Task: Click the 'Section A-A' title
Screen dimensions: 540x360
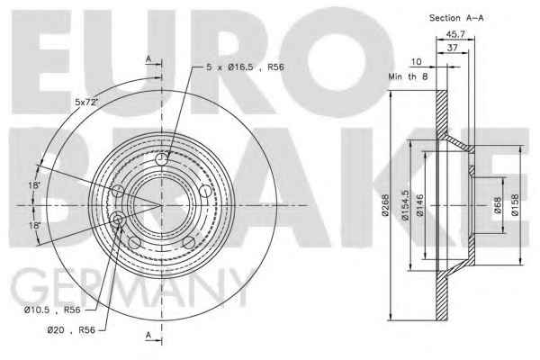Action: click(x=456, y=18)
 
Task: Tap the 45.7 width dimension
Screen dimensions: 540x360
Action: click(x=455, y=34)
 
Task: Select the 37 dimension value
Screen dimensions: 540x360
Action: click(x=452, y=48)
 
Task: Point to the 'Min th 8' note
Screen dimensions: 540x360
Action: click(x=408, y=76)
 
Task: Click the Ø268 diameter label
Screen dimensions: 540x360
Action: click(x=385, y=205)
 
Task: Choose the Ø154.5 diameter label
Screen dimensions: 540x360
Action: click(x=405, y=205)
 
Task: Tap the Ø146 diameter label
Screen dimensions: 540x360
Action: click(x=419, y=205)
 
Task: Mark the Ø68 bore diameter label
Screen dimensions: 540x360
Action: click(x=498, y=205)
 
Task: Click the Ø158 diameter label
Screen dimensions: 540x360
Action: click(x=515, y=205)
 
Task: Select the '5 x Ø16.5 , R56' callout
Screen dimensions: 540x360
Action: click(x=245, y=67)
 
